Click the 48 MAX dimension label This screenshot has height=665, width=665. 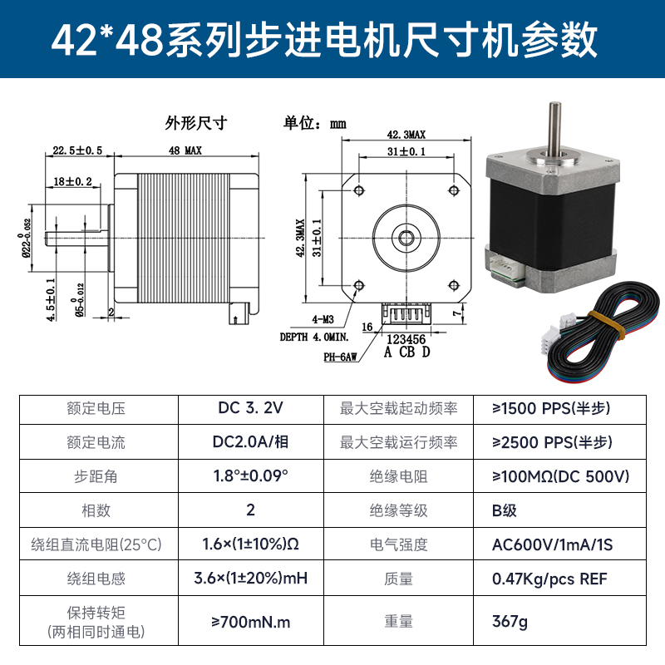[185, 150]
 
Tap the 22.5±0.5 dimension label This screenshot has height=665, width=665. [76, 150]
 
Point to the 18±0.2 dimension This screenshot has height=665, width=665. [73, 181]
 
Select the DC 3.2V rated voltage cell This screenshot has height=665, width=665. [250, 408]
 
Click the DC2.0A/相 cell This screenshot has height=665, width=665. [250, 442]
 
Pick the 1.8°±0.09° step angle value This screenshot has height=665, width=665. [250, 476]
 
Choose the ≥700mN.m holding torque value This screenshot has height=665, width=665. [250, 621]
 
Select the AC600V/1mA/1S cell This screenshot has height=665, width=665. [552, 544]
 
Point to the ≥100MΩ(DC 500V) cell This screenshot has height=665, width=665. [560, 476]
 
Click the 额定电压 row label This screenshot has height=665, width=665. [96, 408]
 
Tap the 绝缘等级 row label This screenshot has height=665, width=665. [398, 510]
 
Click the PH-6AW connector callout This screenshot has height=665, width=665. [340, 356]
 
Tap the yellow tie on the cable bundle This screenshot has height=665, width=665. [608, 323]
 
